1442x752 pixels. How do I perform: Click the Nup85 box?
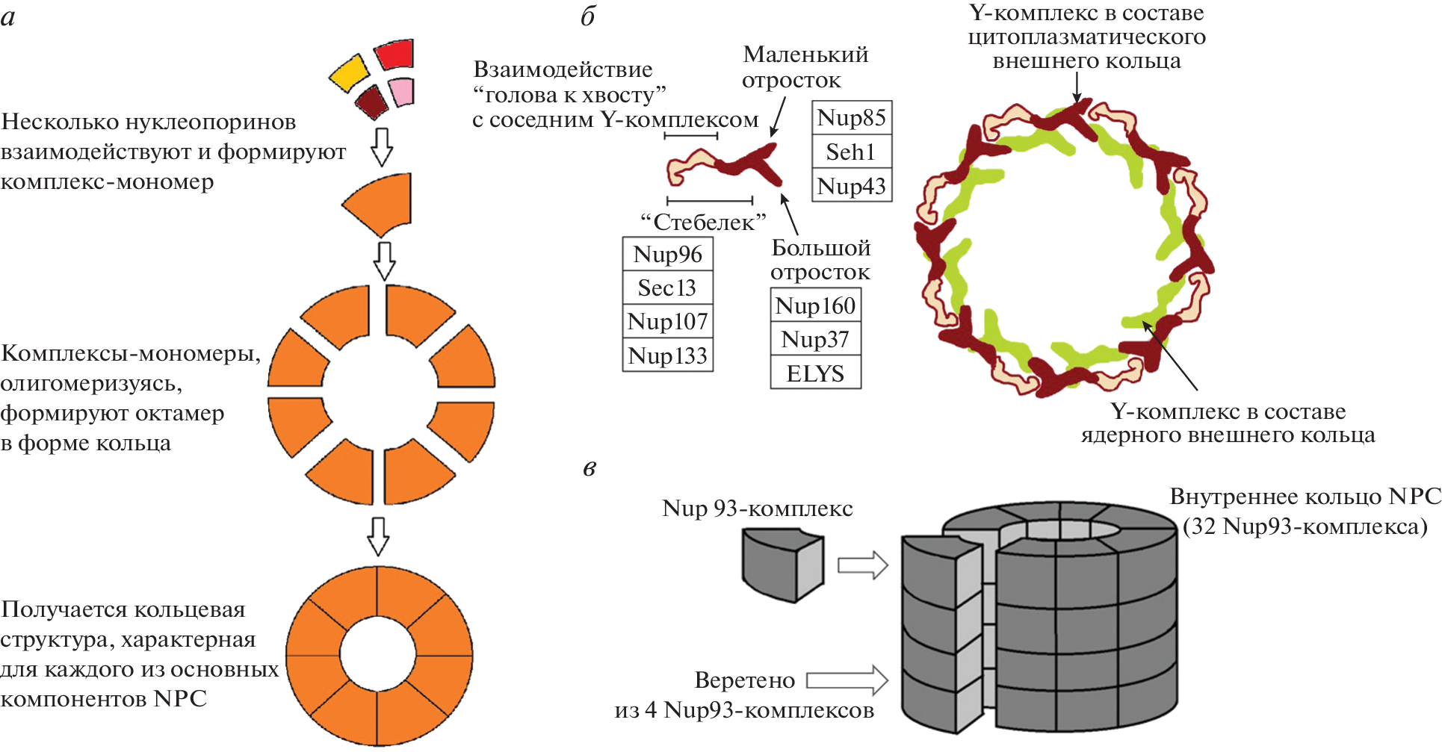[851, 117]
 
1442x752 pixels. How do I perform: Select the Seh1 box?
[851, 152]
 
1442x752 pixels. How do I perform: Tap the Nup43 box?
[851, 185]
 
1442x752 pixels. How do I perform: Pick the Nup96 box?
[667, 254]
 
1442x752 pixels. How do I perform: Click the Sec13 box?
[667, 288]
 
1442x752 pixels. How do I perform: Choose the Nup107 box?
[667, 321]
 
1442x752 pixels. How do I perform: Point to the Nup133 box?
[667, 355]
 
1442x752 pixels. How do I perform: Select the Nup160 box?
[815, 305]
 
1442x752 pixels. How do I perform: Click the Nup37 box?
[815, 339]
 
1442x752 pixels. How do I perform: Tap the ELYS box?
[815, 373]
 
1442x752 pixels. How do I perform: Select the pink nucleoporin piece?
[401, 92]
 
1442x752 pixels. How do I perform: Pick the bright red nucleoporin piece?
[394, 55]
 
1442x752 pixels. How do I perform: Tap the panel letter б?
[588, 16]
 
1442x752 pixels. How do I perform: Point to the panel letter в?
[590, 468]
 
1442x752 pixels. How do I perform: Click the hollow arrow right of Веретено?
[847, 680]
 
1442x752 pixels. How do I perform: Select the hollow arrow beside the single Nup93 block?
[862, 565]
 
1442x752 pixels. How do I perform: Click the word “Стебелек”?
[704, 222]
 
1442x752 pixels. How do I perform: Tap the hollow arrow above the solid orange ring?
[379, 535]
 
